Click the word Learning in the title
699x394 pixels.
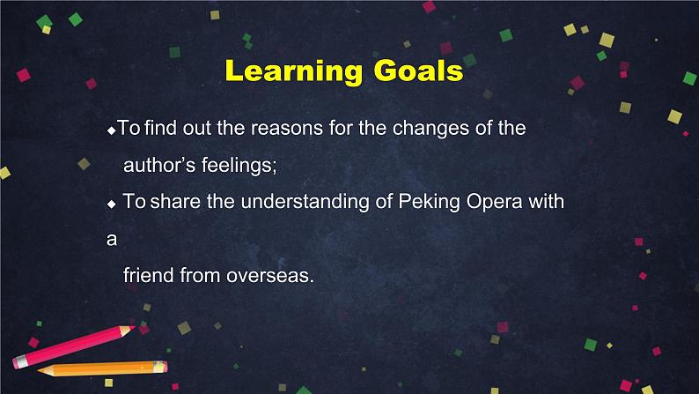pyautogui.click(x=294, y=71)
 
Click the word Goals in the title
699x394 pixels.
pyautogui.click(x=418, y=71)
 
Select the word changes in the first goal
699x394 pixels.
pyautogui.click(x=430, y=129)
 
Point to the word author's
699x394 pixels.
pyautogui.click(x=159, y=165)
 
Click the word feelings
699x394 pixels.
pyautogui.click(x=239, y=166)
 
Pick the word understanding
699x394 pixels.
pyautogui.click(x=305, y=202)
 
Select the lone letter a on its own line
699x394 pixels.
pyautogui.click(x=112, y=240)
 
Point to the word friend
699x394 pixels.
pyautogui.click(x=149, y=275)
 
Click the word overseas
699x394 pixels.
pyautogui.click(x=270, y=276)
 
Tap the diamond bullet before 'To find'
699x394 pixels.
pyautogui.click(x=112, y=131)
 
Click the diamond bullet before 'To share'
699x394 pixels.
pyautogui.click(x=112, y=204)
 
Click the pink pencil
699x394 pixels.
pyautogui.click(x=74, y=346)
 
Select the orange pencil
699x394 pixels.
pyautogui.click(x=102, y=368)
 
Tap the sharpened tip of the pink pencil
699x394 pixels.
pyautogui.click(x=133, y=328)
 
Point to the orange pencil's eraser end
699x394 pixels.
pyautogui.click(x=162, y=367)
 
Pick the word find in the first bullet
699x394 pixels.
pyautogui.click(x=160, y=128)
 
